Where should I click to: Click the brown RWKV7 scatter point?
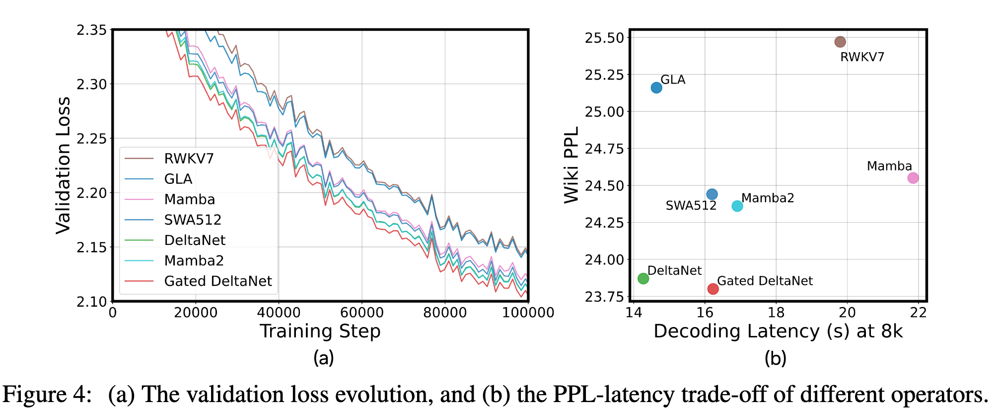840,42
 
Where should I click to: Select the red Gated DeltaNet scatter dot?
713,289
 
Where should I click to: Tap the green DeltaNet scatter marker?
643,278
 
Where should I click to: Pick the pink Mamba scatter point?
913,178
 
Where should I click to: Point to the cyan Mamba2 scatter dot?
737,206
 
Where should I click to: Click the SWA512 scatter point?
712,194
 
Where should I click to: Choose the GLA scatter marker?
656,88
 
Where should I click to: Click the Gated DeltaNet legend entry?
217,281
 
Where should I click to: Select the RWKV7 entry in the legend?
189,159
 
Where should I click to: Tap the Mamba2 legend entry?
194,260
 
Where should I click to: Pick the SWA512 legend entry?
193,220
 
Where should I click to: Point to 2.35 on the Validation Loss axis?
92,30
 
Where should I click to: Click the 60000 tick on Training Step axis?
361,313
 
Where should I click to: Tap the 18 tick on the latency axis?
776,313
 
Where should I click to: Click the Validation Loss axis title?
63,166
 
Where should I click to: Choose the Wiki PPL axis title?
571,165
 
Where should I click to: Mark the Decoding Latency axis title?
778,331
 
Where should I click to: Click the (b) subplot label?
775,358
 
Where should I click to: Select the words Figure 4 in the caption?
47,395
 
